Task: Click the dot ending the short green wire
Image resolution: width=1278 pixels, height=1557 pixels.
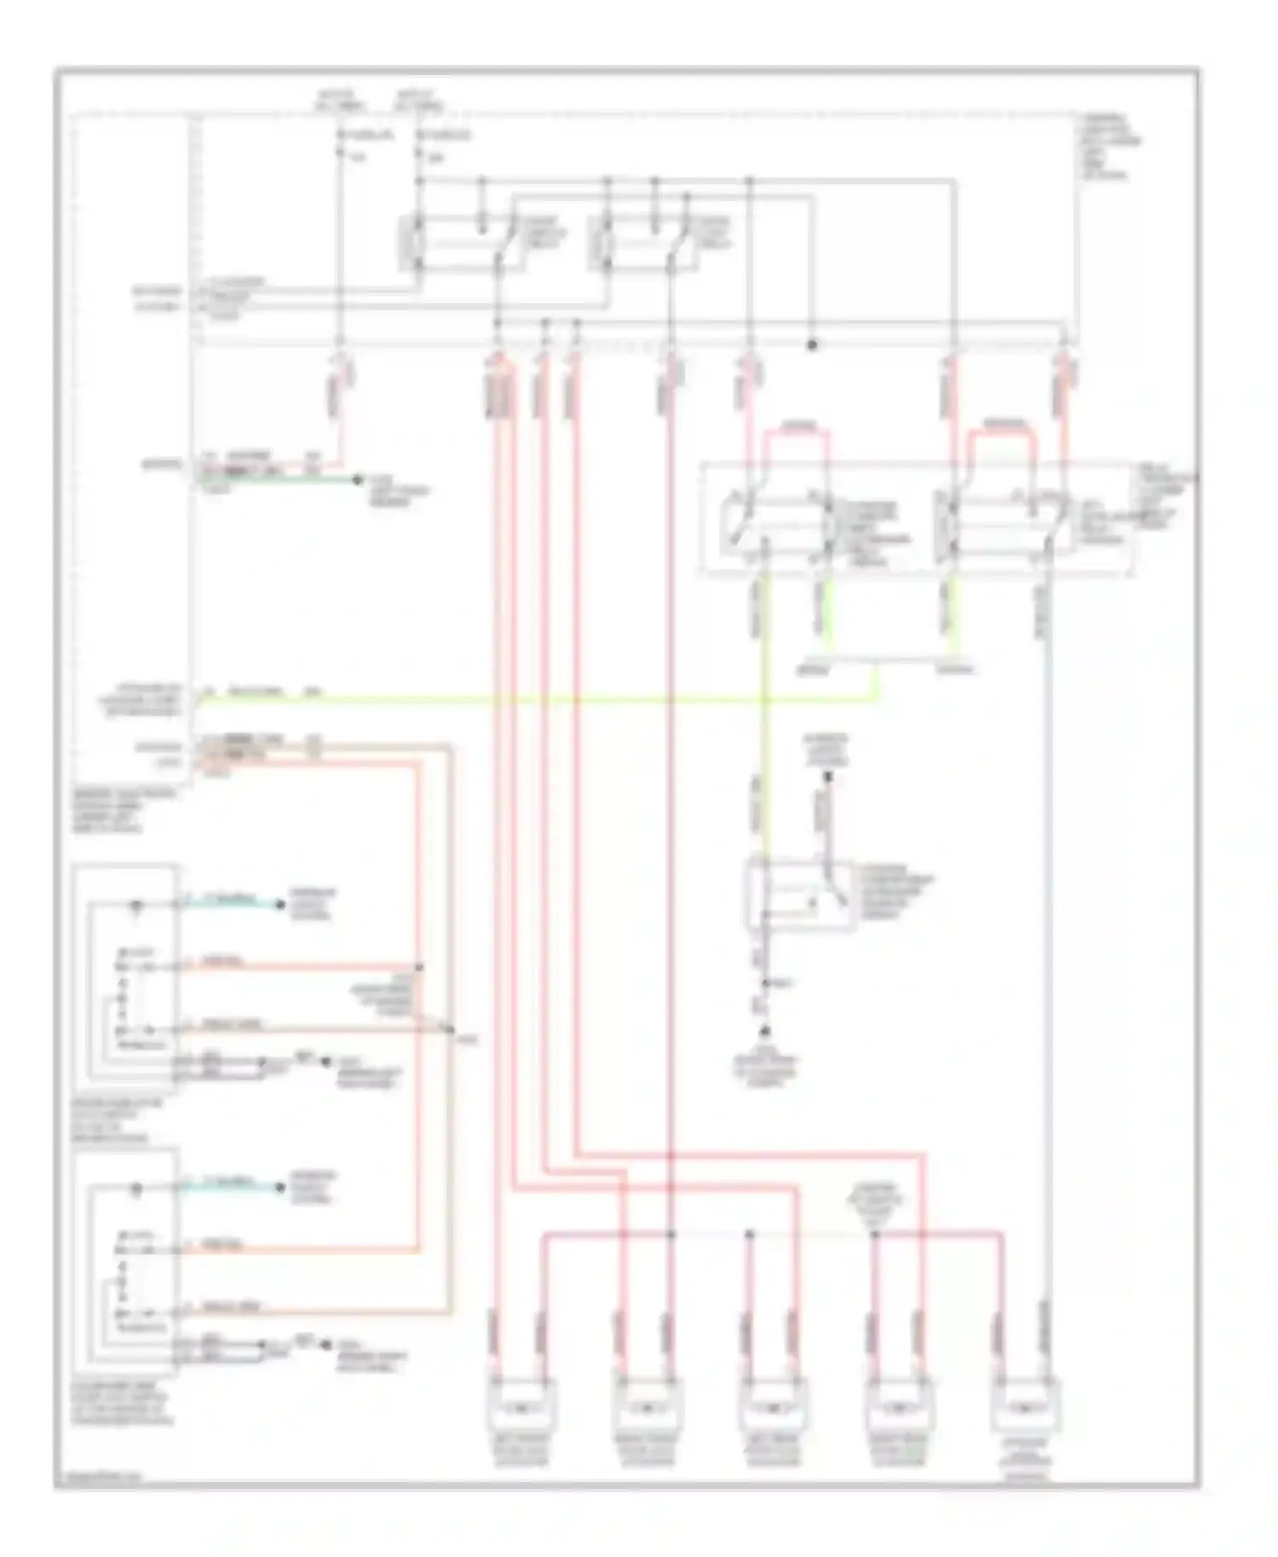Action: (358, 480)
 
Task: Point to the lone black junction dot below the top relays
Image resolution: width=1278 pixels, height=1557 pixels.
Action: (812, 345)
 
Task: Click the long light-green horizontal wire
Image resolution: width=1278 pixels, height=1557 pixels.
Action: (545, 701)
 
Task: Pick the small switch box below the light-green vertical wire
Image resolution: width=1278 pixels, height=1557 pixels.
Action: (797, 894)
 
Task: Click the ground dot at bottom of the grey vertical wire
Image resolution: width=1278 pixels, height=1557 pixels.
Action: (765, 1031)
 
